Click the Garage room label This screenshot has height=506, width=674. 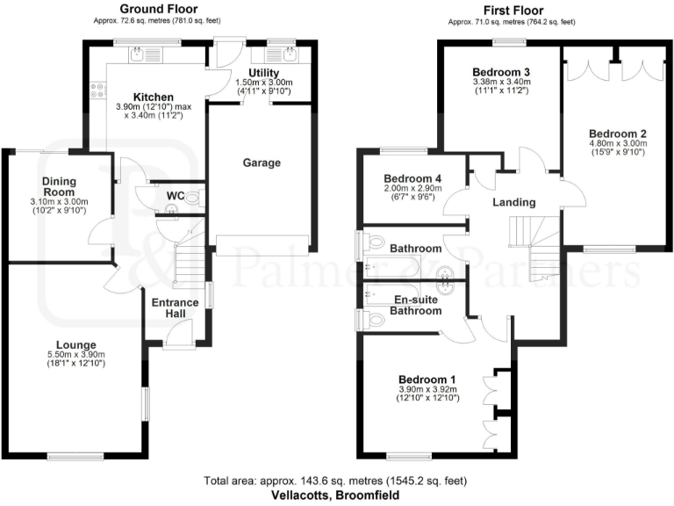(x=262, y=163)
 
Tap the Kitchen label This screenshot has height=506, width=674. (x=153, y=97)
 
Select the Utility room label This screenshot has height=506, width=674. (x=263, y=73)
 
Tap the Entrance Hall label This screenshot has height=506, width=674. (x=176, y=309)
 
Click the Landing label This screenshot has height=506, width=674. (x=513, y=203)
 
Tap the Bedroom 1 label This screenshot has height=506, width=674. (x=423, y=380)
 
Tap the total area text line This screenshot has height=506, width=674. (x=337, y=481)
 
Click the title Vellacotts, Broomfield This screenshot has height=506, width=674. (x=337, y=495)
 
